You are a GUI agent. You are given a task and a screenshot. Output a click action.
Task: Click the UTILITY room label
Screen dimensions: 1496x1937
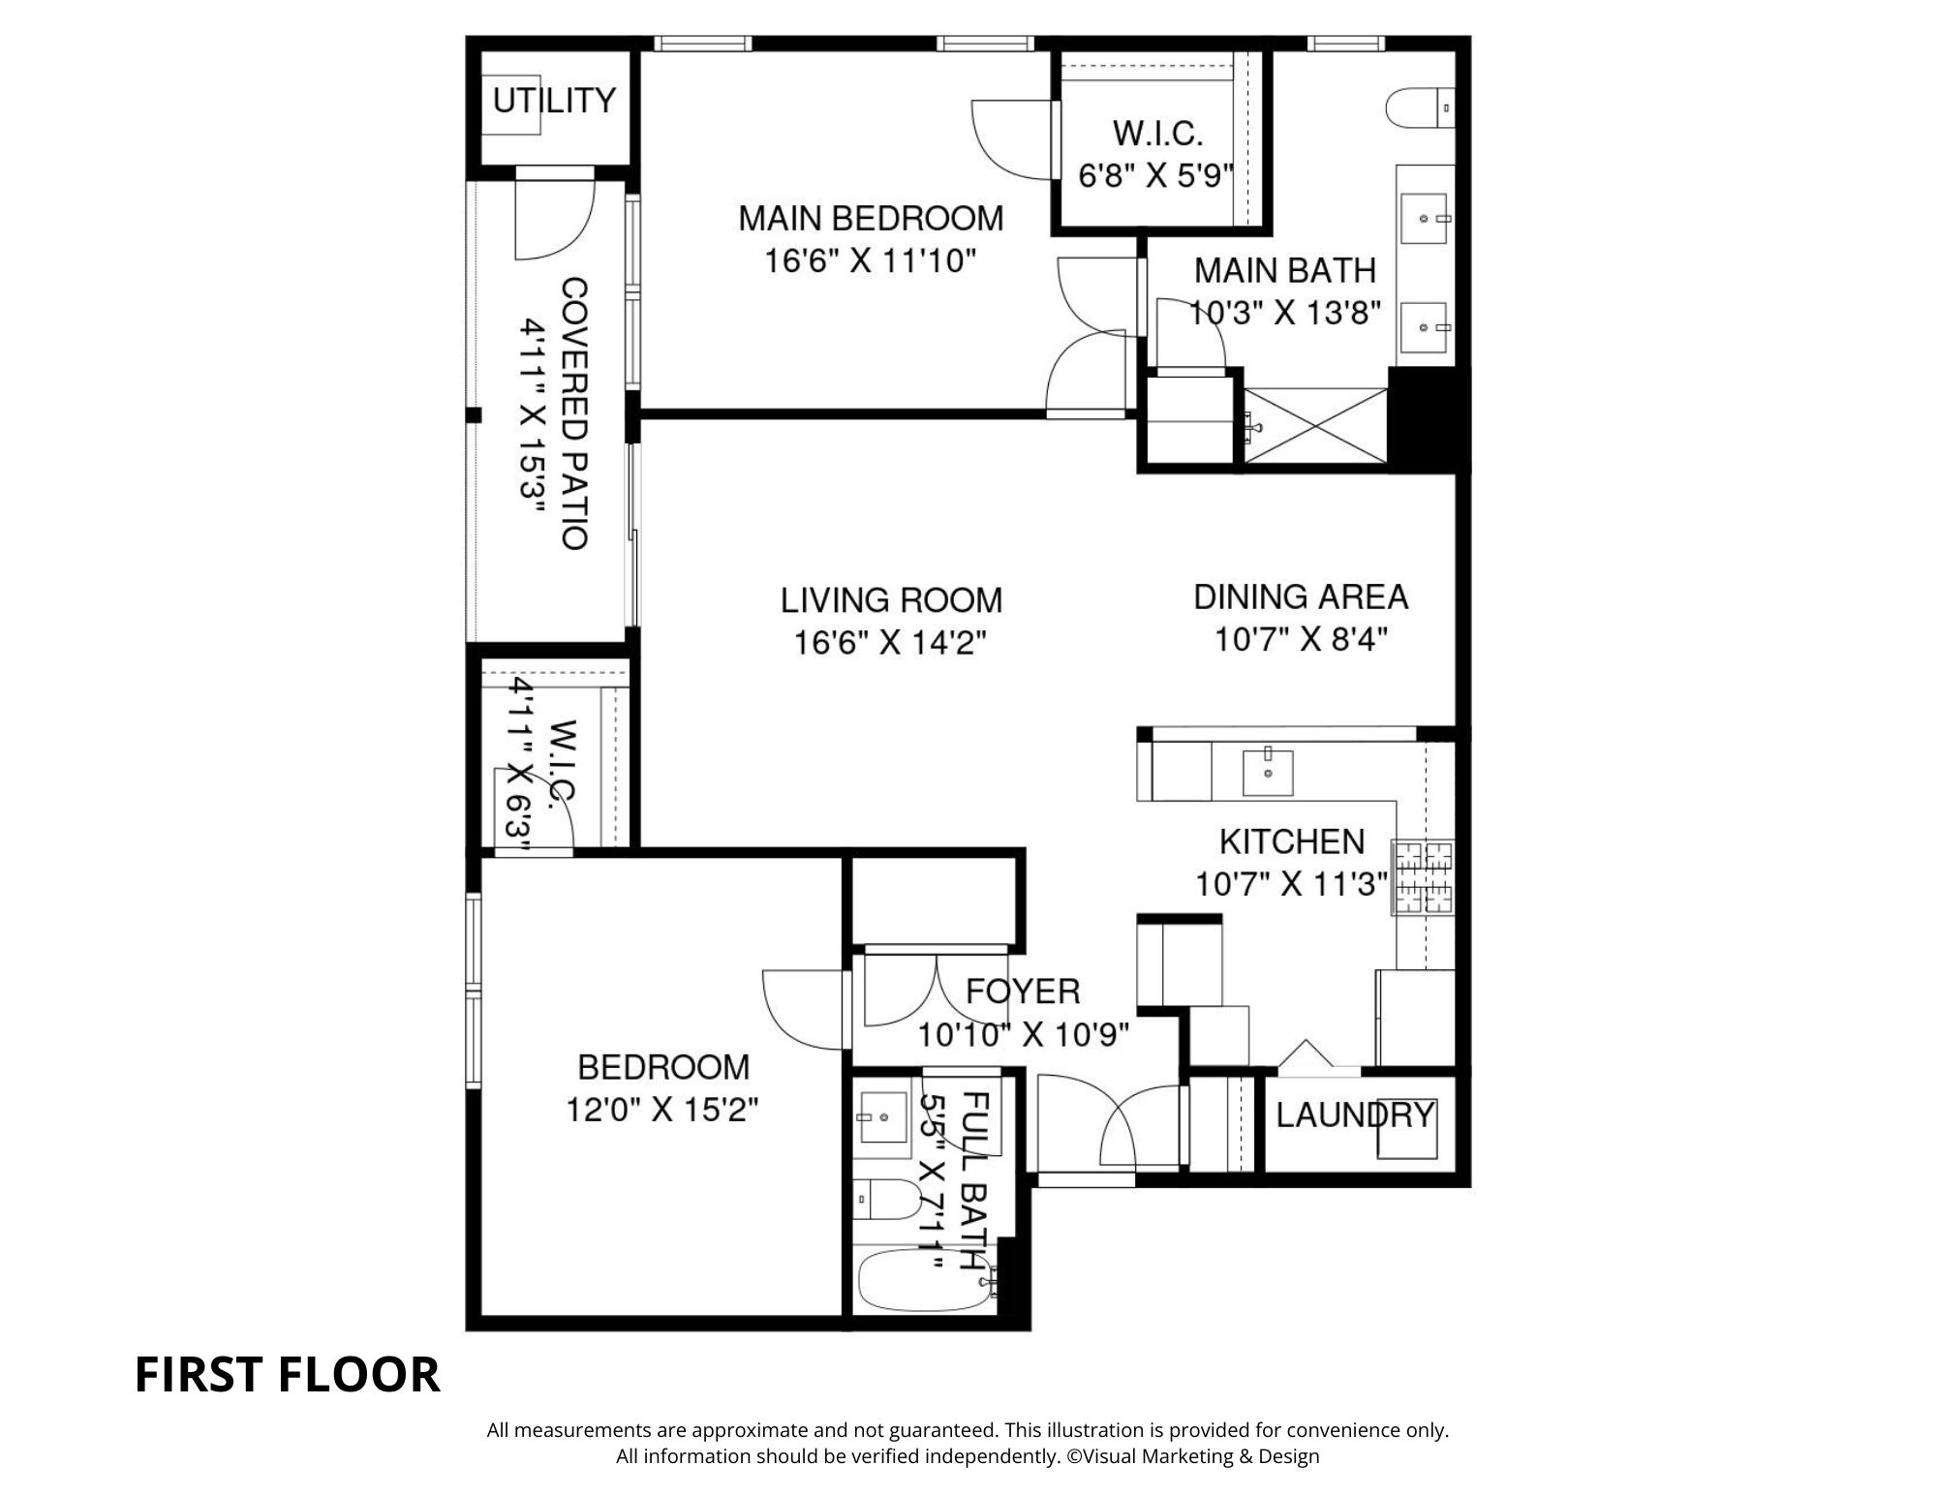[x=554, y=101]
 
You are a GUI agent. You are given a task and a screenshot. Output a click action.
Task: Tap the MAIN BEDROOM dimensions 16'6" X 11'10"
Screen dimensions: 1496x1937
[x=870, y=261]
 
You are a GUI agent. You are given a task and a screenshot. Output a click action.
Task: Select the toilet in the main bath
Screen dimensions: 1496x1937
[x=1420, y=107]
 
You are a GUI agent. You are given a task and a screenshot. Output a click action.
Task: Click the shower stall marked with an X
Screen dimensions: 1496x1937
[x=1315, y=425]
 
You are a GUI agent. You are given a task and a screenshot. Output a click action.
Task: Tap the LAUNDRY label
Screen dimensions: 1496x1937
[x=1354, y=1115]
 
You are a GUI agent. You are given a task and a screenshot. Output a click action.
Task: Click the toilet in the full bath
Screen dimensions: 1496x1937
[x=889, y=1201]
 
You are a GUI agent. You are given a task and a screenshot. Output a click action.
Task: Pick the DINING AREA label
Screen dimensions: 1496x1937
[x=1301, y=596]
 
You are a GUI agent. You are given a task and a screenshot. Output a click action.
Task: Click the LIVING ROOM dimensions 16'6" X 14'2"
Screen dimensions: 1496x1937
[x=890, y=643]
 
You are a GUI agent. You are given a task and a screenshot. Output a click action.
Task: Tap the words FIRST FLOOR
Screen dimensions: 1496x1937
[x=287, y=1375]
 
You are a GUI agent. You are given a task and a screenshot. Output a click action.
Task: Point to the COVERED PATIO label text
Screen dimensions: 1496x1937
[x=575, y=413]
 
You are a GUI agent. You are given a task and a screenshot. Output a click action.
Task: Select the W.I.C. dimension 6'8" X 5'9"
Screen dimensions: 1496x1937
[x=1156, y=176]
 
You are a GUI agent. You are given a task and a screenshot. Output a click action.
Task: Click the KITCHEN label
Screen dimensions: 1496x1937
[x=1292, y=841]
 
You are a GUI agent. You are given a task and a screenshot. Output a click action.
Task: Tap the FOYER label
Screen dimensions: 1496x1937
[x=1023, y=991]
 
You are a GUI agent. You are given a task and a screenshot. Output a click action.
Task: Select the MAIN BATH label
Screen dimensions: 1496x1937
[x=1284, y=270]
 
